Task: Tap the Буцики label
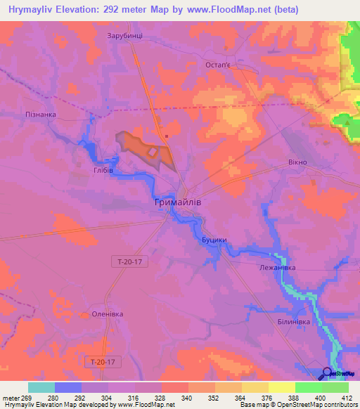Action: click(x=214, y=240)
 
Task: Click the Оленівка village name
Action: click(x=98, y=315)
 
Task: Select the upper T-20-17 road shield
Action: click(x=129, y=261)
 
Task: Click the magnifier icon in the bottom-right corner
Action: click(x=328, y=373)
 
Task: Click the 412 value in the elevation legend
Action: click(x=345, y=398)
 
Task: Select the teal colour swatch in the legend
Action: click(x=41, y=387)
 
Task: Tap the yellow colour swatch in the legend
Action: click(x=281, y=387)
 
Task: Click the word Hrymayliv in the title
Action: click(x=25, y=10)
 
